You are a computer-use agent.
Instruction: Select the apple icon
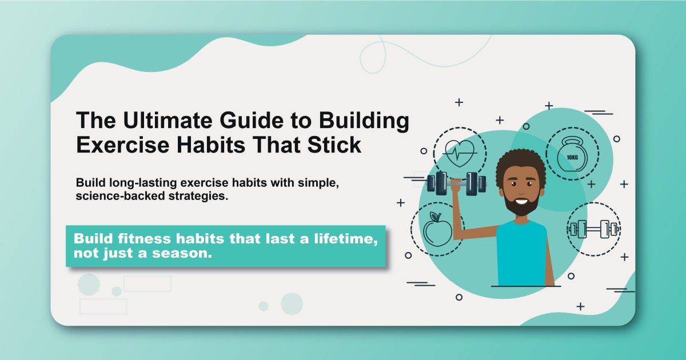pyautogui.click(x=437, y=229)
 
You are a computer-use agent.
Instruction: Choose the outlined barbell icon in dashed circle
pyautogui.click(x=593, y=230)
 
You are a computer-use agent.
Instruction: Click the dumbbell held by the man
pyautogui.click(x=456, y=184)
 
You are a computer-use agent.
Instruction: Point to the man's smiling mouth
pyautogui.click(x=521, y=200)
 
